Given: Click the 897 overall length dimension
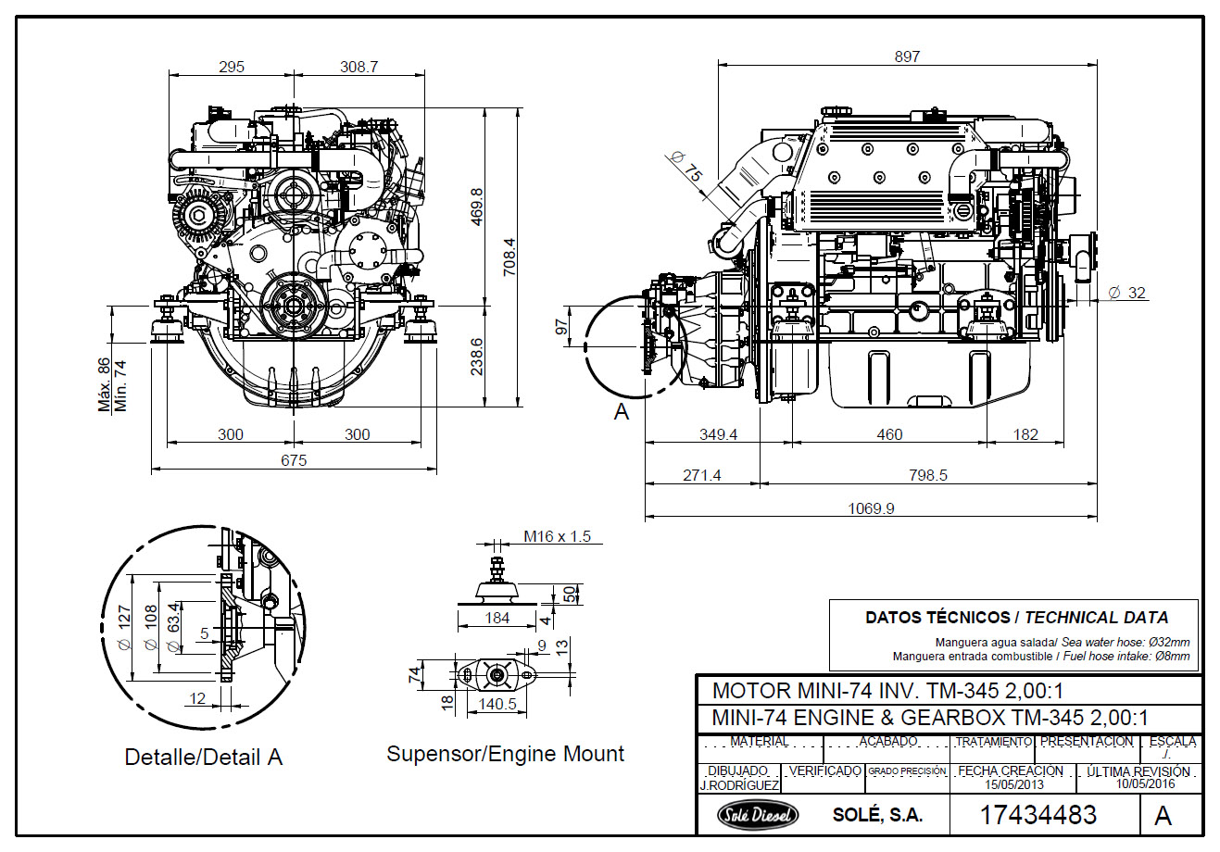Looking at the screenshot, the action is [907, 56].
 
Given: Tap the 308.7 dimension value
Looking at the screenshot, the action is [358, 67].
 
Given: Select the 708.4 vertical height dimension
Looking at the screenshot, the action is [509, 257].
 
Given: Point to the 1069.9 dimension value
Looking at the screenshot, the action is [871, 508].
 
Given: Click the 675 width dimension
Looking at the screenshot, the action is [294, 460].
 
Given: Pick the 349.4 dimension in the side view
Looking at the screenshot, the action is [718, 434].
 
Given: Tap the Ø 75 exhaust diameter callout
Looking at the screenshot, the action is [685, 167].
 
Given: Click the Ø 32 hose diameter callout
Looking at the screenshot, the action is [1127, 293].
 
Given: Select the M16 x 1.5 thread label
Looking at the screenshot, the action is [557, 537].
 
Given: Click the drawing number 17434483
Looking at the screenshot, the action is [1038, 815].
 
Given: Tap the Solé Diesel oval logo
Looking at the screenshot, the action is [757, 815].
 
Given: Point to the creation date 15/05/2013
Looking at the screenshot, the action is [1014, 784].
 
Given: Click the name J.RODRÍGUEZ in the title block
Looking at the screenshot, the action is [739, 785].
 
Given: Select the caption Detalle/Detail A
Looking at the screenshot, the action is [204, 757].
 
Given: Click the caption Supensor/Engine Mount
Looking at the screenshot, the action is [506, 754].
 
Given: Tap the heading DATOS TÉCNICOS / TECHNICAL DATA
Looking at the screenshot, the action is [1017, 618].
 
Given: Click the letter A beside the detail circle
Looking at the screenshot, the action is [622, 412].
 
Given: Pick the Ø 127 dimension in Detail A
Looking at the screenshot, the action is [124, 627].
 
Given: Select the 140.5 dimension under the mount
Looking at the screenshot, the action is [497, 704].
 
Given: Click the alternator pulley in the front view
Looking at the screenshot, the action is [196, 215].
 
